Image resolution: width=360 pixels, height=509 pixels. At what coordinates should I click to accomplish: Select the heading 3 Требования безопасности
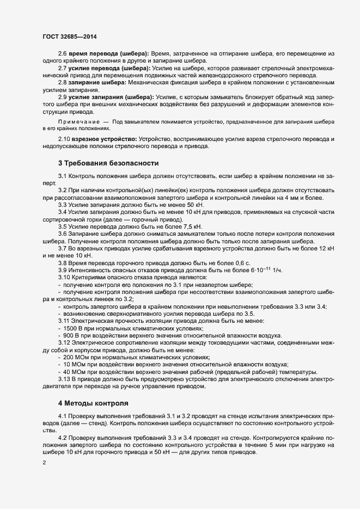click(108, 163)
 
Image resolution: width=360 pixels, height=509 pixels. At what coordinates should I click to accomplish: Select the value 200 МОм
click(76, 357)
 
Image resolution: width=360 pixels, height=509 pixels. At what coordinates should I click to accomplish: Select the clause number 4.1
click(62, 417)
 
